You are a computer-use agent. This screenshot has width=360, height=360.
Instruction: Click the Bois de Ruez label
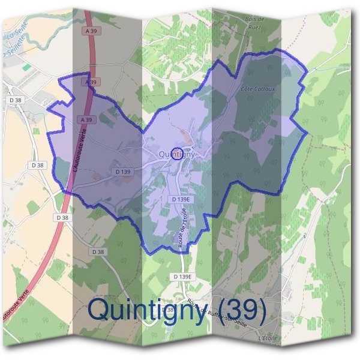pos(255,23)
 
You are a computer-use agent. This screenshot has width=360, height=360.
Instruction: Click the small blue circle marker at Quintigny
pos(177,154)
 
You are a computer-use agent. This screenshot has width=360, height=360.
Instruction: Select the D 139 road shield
pos(122,172)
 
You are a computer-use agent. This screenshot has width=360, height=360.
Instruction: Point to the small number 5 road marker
pos(304,236)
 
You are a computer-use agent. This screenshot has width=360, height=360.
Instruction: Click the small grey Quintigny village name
pos(177,154)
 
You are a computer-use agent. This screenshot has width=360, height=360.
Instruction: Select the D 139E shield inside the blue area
pos(180,198)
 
